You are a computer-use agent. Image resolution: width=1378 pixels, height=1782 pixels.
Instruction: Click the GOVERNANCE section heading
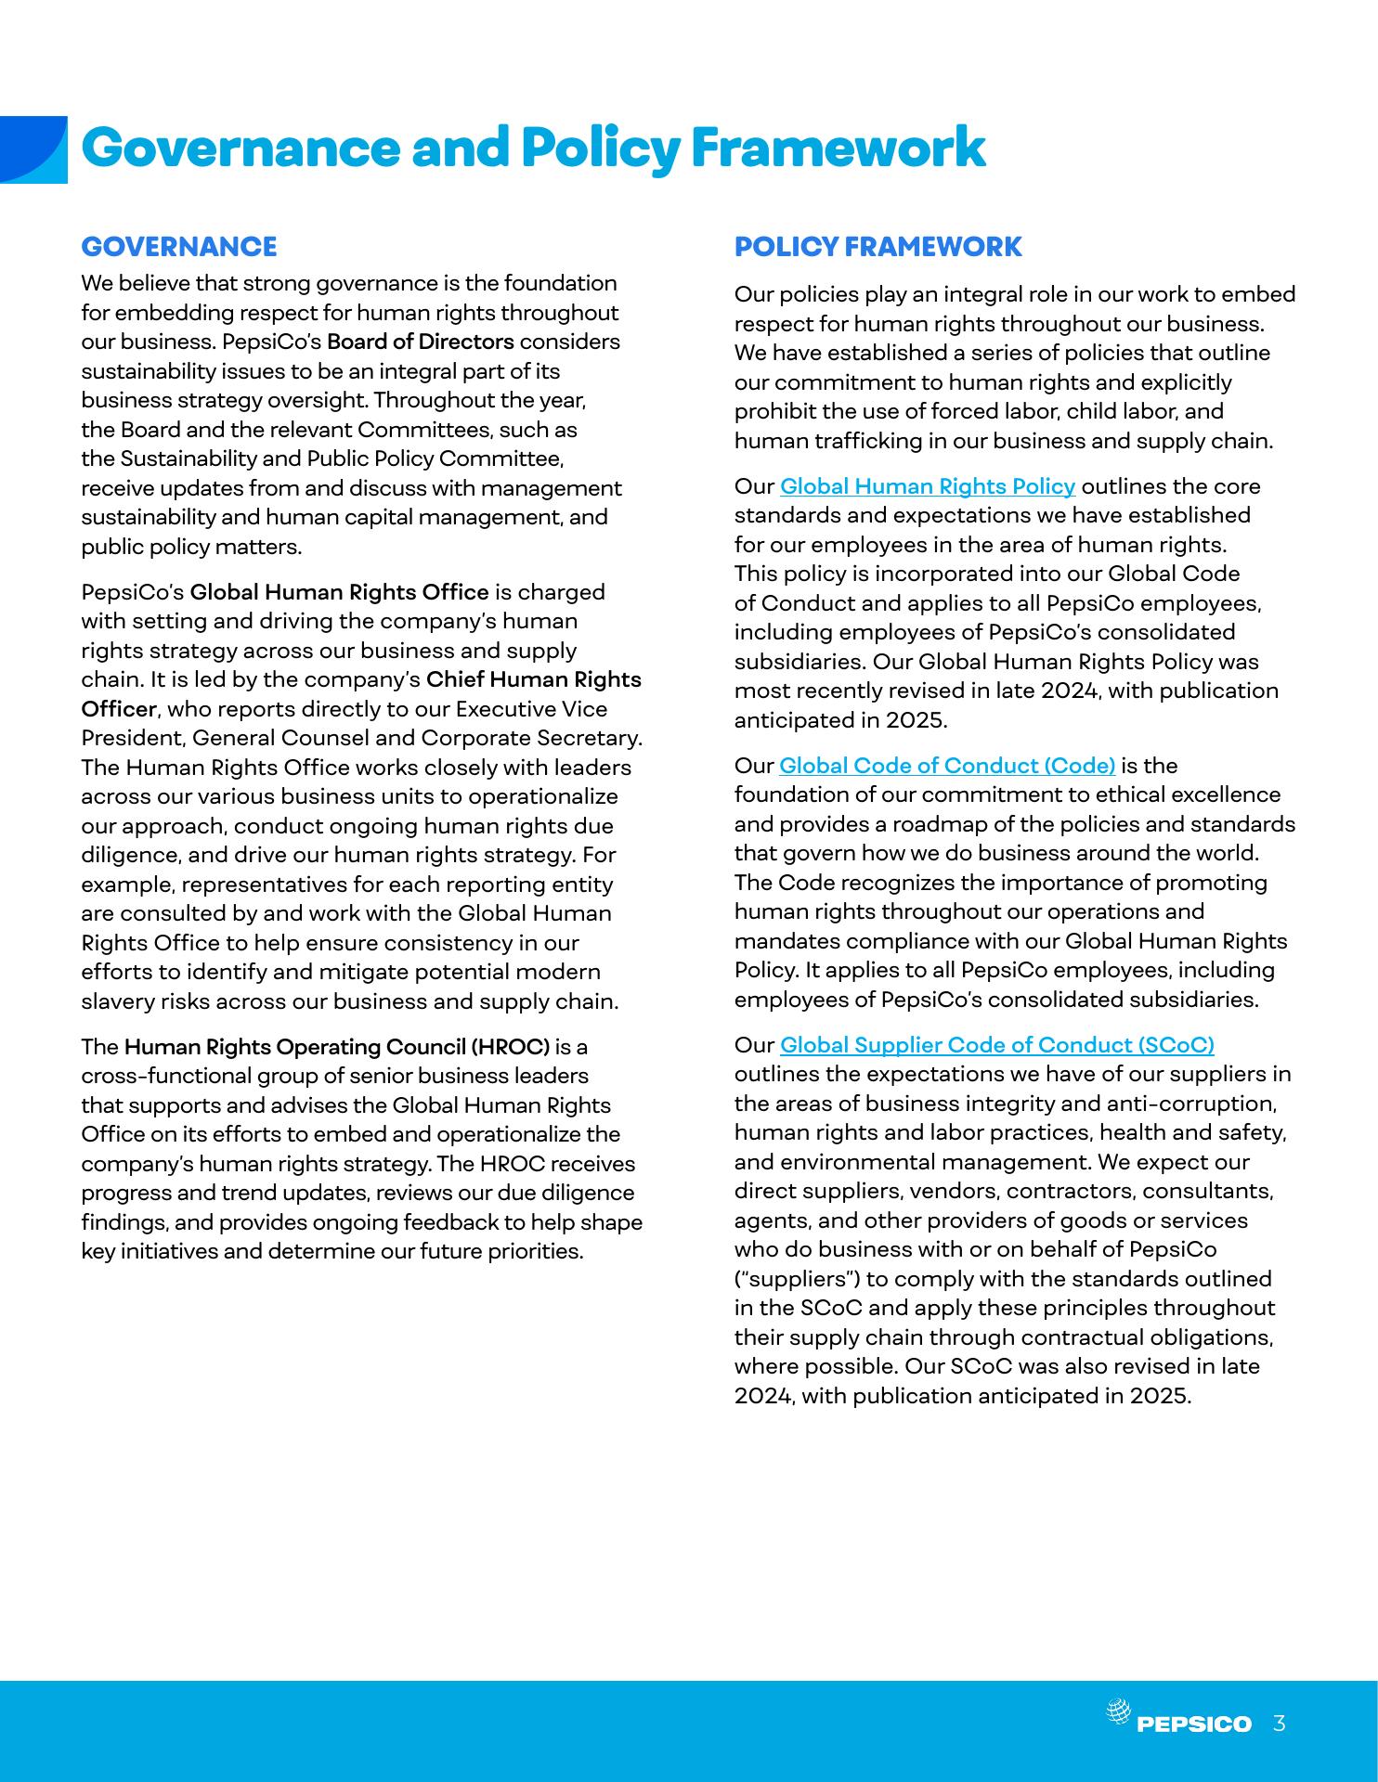click(179, 247)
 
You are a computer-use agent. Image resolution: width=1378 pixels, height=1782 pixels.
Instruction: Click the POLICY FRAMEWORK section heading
click(877, 247)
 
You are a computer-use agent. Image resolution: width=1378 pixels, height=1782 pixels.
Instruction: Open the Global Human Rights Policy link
click(927, 486)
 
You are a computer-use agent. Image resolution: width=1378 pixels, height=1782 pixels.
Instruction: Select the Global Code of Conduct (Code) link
click(946, 766)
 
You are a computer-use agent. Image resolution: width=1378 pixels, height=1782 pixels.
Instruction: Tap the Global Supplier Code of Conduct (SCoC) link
click(996, 1045)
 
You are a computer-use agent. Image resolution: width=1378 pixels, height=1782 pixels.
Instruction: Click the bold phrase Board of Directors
click(420, 342)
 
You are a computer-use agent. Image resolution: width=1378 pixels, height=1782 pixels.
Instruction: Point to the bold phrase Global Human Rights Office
click(339, 592)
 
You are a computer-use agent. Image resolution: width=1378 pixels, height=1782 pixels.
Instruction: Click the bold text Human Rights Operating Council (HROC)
click(337, 1047)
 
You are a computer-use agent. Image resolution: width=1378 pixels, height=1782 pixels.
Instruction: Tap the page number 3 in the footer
click(1280, 1724)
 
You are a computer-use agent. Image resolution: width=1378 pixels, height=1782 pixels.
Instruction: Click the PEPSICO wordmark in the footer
click(1194, 1724)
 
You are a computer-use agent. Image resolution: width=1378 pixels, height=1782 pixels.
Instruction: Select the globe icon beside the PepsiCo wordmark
click(1119, 1711)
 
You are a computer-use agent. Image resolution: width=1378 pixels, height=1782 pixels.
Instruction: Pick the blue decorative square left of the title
click(33, 149)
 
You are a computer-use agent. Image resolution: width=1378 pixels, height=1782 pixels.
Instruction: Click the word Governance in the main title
click(240, 148)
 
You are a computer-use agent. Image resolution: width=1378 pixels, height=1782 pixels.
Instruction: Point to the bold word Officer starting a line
click(118, 709)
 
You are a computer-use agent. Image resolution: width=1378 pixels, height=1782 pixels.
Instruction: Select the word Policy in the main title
click(601, 148)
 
